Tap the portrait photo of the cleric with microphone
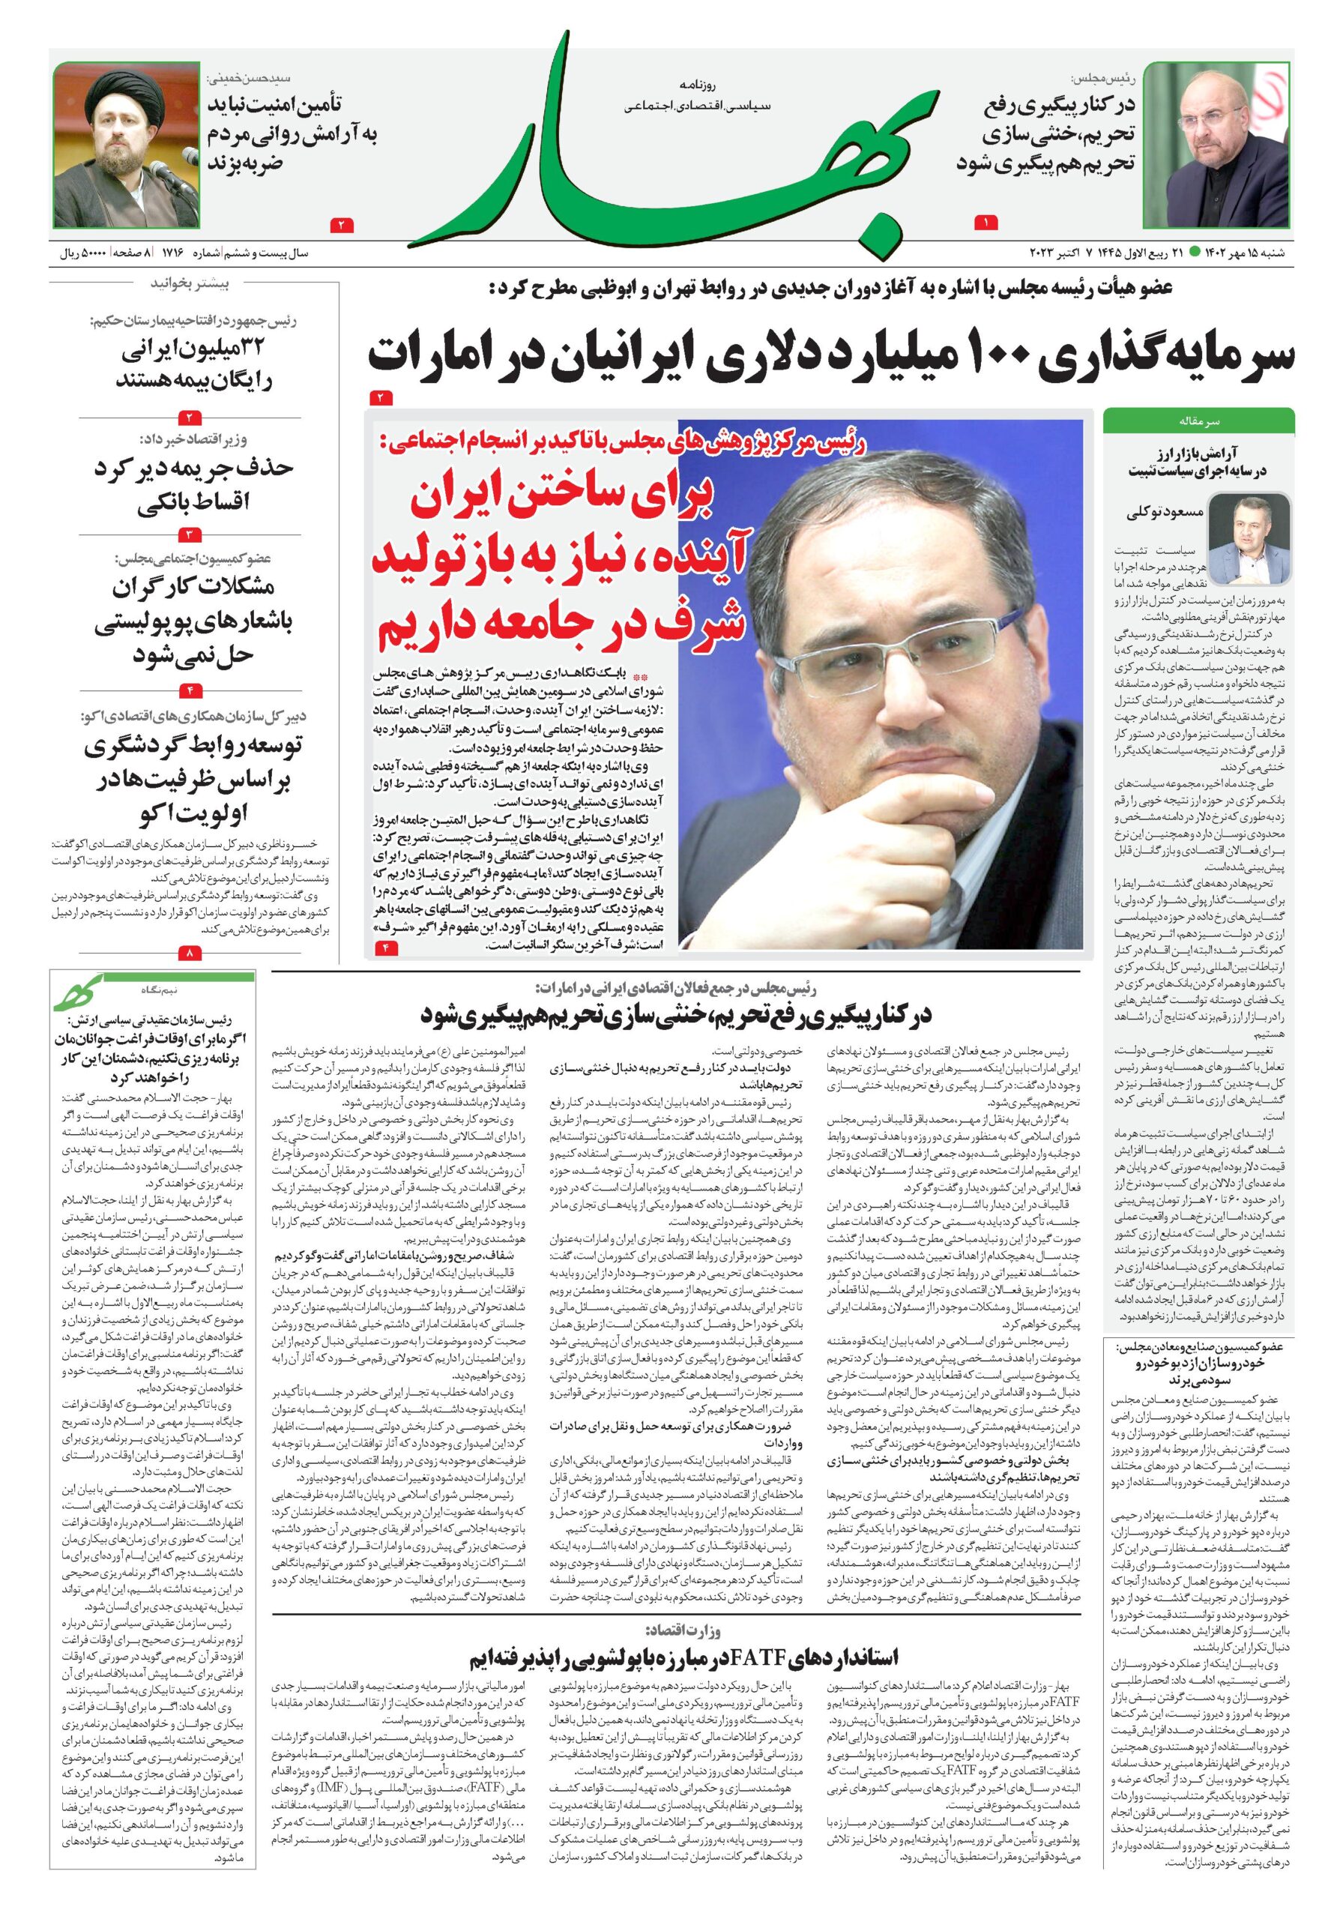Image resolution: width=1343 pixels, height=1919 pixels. [x=127, y=144]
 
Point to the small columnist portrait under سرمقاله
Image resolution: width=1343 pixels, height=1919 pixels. [x=1249, y=539]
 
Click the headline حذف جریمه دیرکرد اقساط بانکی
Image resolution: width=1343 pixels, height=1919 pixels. [x=194, y=486]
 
